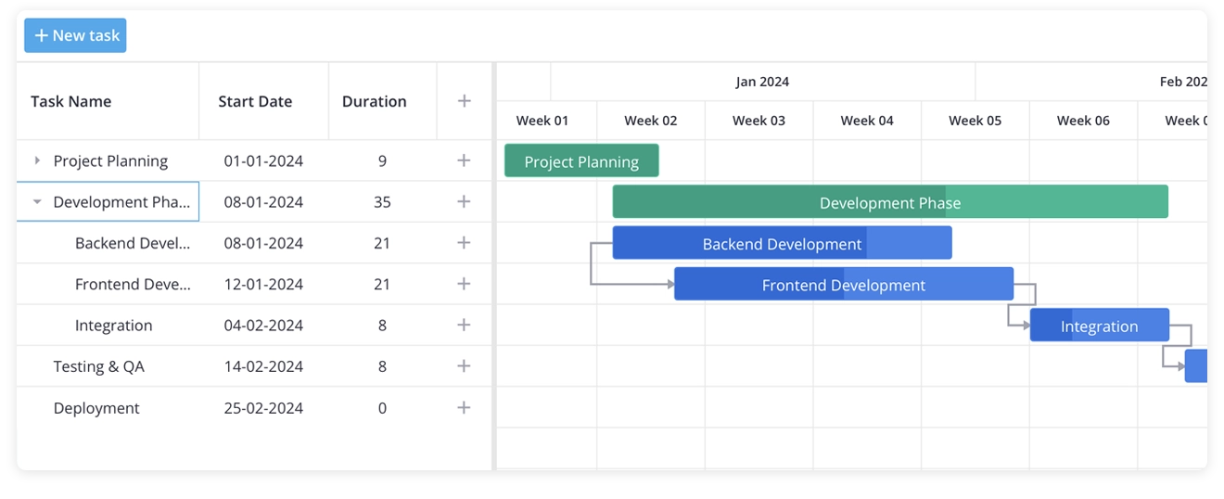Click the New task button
point(75,35)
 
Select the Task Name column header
point(70,102)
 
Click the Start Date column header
point(255,102)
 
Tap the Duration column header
point(374,102)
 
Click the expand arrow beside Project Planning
point(37,160)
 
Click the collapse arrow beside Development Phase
point(37,201)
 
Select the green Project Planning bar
point(581,161)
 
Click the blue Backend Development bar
point(782,244)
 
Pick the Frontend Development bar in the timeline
point(843,285)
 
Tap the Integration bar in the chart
point(1099,326)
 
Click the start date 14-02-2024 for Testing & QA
point(263,366)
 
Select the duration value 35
point(382,202)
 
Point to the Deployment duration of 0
point(382,408)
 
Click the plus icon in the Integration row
point(465,326)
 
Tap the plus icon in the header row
point(465,102)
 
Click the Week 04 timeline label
point(867,121)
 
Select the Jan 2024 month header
point(762,82)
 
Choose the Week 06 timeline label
point(1083,121)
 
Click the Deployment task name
point(96,408)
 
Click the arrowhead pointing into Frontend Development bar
point(670,285)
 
